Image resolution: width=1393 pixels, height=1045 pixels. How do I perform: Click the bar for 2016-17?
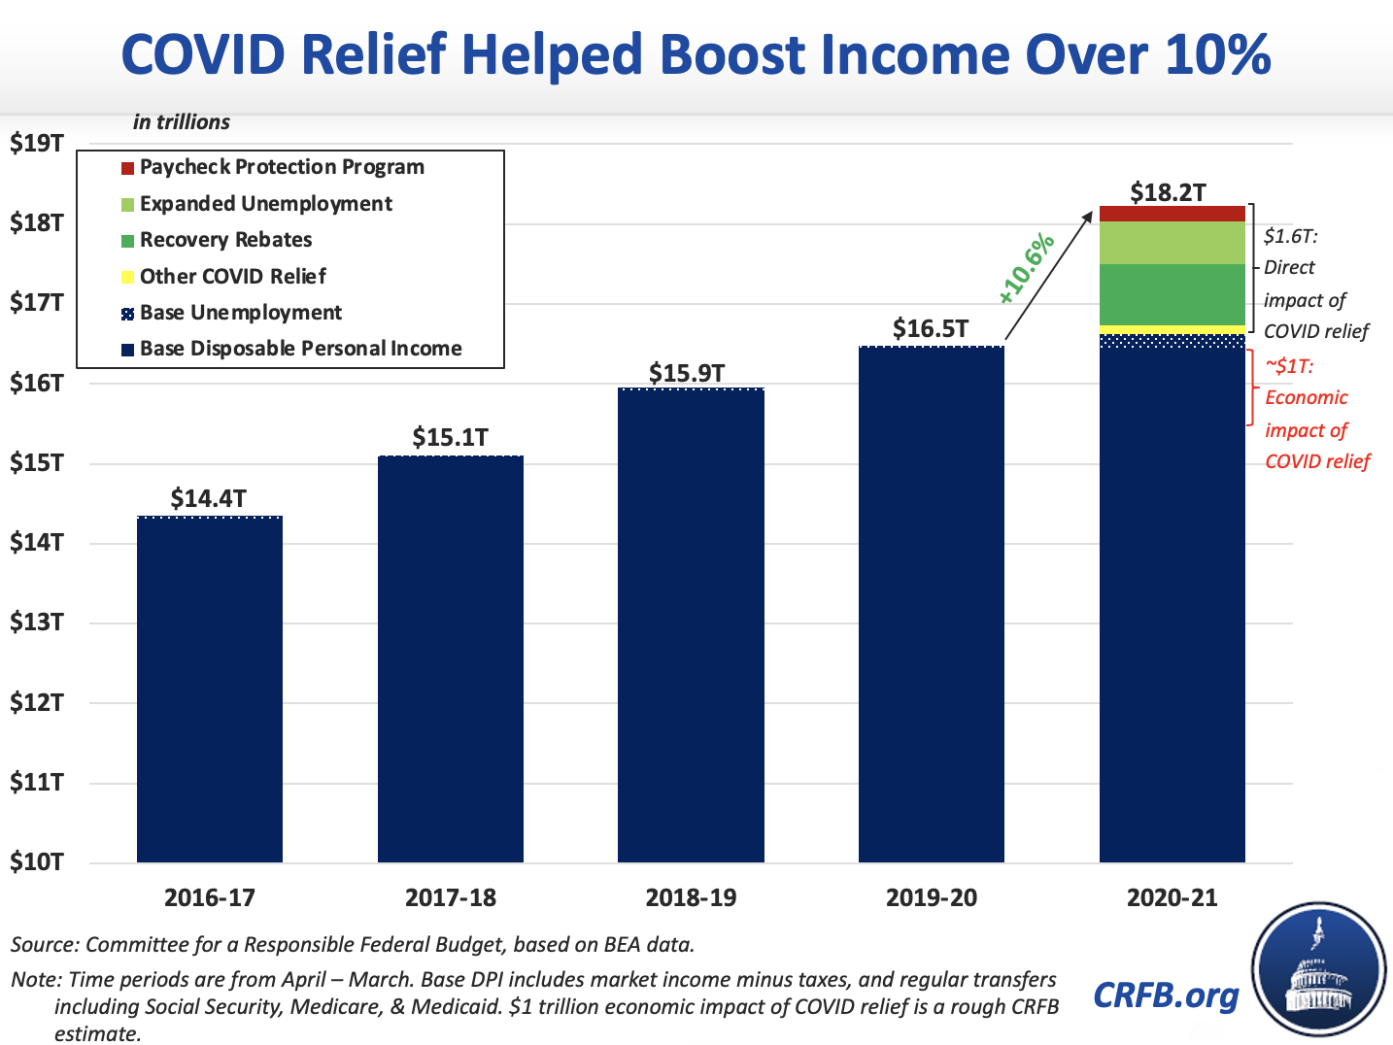click(210, 690)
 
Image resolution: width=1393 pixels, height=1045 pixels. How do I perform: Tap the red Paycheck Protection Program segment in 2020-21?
click(1172, 214)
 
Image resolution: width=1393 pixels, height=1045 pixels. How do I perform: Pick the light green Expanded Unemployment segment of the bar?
click(1172, 243)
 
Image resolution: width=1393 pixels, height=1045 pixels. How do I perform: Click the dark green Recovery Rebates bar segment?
click(1172, 294)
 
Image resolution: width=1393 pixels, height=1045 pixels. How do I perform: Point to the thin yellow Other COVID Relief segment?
click(1172, 330)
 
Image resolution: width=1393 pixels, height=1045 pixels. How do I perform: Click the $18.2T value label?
click(1169, 191)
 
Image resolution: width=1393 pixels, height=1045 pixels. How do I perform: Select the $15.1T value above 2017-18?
click(450, 438)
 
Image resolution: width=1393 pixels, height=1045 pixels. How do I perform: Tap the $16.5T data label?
click(931, 329)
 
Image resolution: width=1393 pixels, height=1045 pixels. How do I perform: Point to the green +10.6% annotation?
click(1027, 265)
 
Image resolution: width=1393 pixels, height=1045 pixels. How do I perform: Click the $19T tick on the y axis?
click(37, 144)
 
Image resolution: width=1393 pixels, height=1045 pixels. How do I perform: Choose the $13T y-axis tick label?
click(37, 622)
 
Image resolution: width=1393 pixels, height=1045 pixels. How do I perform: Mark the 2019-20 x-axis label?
click(932, 897)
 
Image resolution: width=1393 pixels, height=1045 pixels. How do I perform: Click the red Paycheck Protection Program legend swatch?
click(127, 168)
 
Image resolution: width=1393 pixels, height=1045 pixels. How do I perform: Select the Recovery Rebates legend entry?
click(225, 240)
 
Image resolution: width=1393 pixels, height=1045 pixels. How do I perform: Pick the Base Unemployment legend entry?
click(240, 313)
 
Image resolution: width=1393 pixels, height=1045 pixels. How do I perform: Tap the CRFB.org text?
click(1166, 994)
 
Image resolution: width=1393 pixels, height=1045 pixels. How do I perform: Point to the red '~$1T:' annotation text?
click(1289, 366)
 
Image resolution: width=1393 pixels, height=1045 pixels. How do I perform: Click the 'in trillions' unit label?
click(182, 122)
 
